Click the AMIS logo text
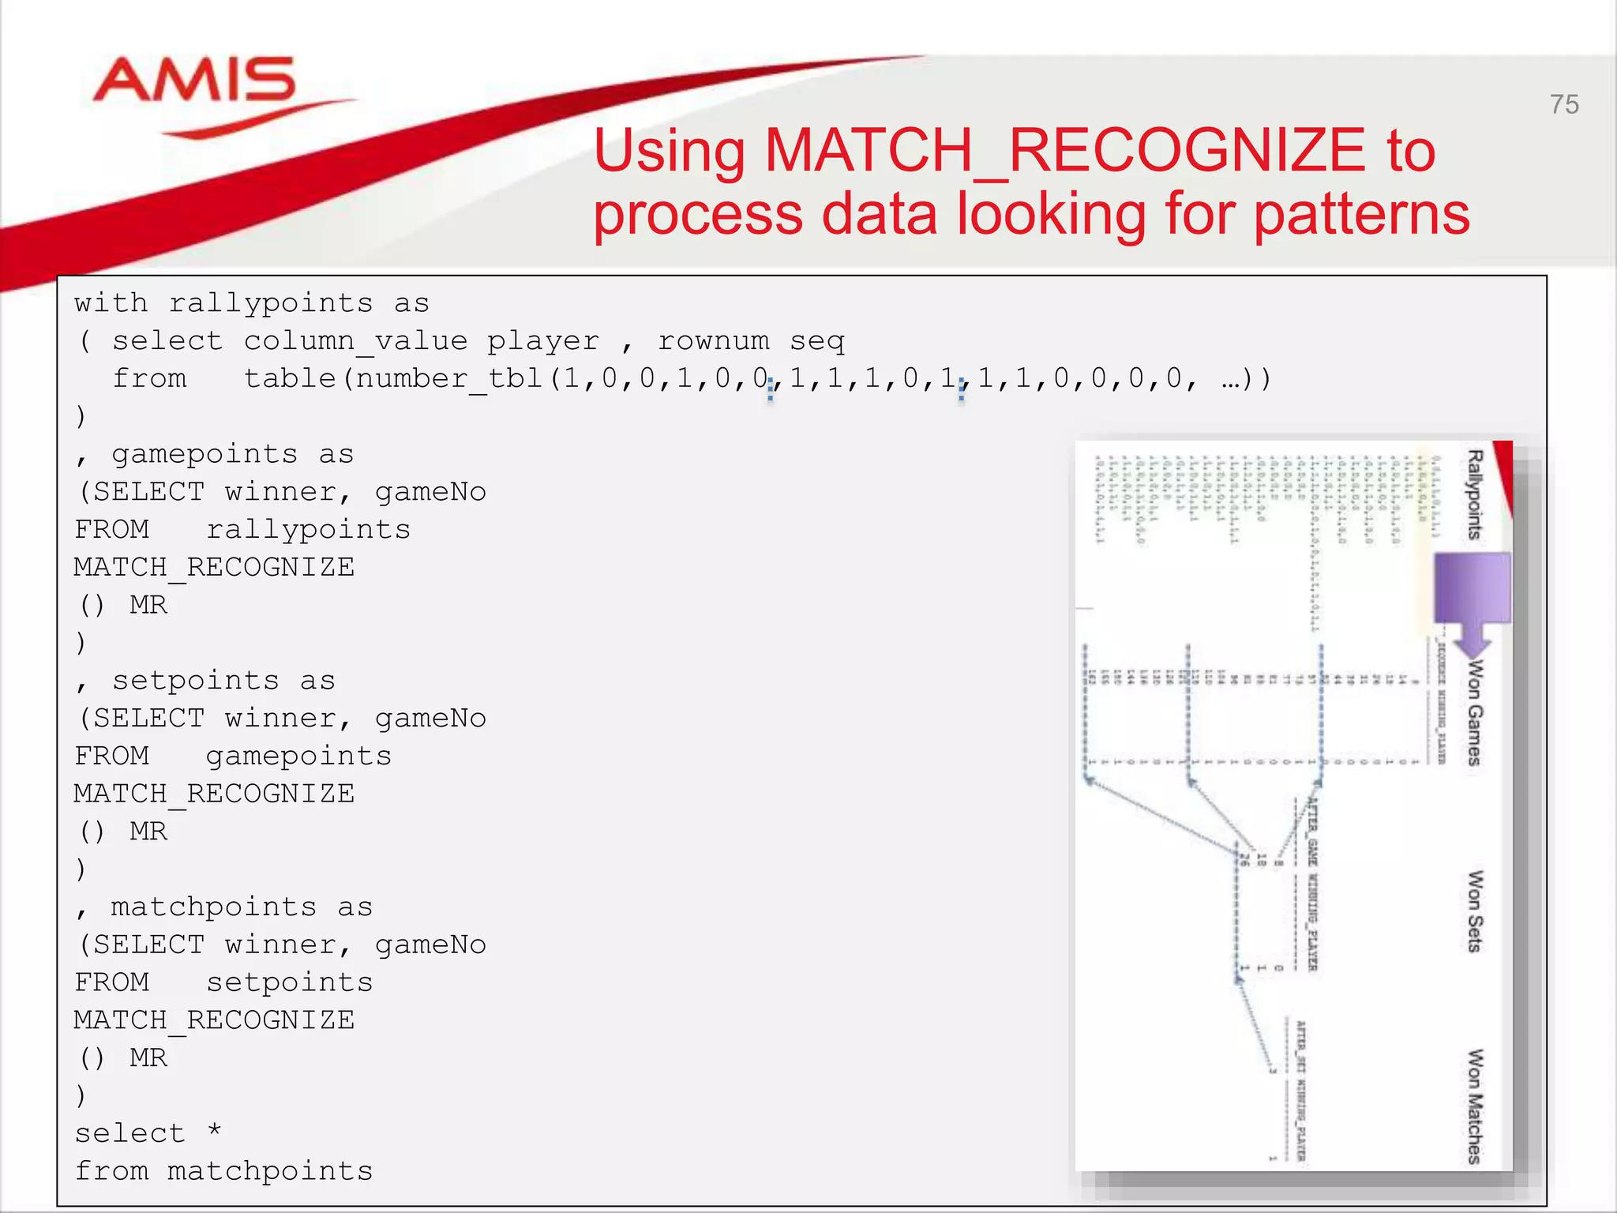tap(194, 81)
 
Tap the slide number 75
tap(1563, 105)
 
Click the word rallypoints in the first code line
tap(271, 303)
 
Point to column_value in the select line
tap(355, 341)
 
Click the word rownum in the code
tap(714, 341)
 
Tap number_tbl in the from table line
tap(449, 379)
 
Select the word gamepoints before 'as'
tap(204, 454)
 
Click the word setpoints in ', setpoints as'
tap(195, 681)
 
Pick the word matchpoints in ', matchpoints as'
tap(214, 907)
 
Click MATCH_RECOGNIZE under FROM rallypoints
tap(214, 567)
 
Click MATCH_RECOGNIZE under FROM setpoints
tap(214, 1020)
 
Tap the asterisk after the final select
tap(215, 1131)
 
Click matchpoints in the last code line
tap(270, 1171)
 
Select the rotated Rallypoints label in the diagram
tap(1474, 494)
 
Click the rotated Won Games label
tap(1474, 712)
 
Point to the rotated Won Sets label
tap(1474, 911)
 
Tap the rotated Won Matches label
tap(1474, 1106)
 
